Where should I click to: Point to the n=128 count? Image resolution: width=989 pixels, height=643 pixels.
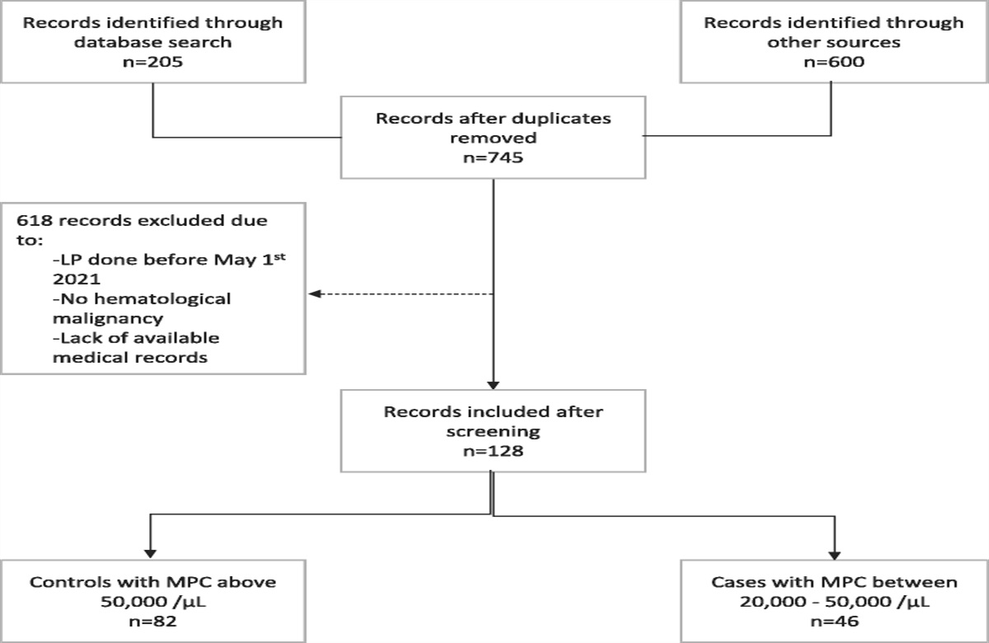coord(493,452)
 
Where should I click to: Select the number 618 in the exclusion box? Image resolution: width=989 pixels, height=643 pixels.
coord(30,223)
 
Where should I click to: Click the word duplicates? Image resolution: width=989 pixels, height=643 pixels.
coord(562,118)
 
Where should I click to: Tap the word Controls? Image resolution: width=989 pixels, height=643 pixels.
coord(64,582)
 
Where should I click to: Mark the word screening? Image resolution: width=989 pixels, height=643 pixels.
coord(493,432)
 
